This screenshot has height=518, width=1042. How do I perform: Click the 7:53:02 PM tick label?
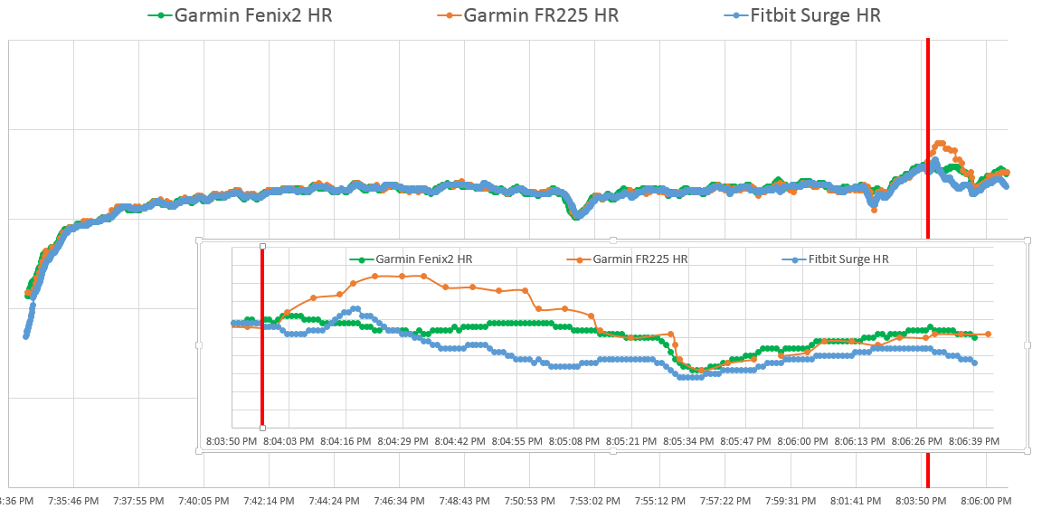(595, 500)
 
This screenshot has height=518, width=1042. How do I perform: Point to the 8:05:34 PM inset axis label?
(689, 441)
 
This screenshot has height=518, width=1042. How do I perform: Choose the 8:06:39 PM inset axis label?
(974, 441)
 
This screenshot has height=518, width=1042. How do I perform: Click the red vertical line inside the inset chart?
(262, 362)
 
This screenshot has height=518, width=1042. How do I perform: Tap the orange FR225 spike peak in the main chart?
(940, 143)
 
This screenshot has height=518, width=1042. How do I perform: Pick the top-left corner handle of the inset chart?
(198, 240)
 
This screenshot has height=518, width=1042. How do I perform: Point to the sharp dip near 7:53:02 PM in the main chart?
(576, 215)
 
